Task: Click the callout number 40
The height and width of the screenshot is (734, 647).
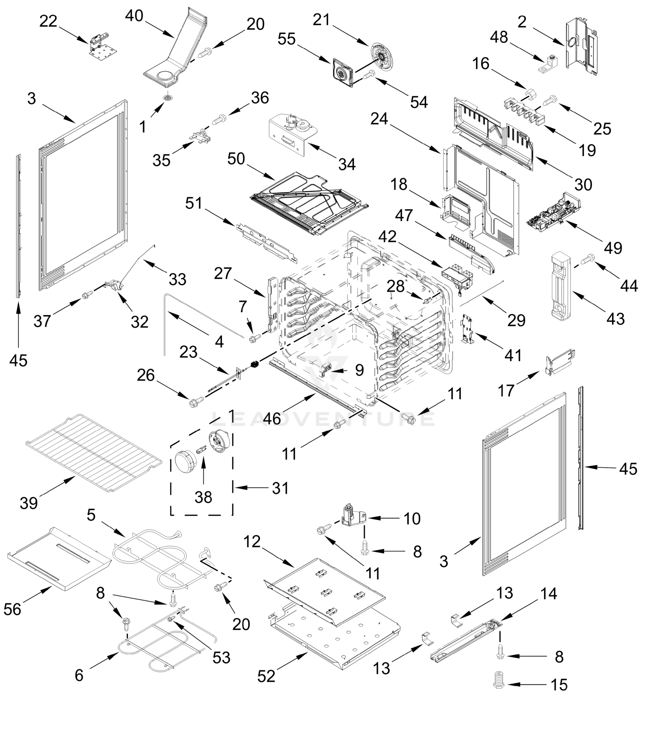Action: (x=135, y=16)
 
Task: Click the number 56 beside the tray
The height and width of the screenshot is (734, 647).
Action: (x=13, y=609)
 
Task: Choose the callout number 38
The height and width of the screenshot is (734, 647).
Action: (x=203, y=497)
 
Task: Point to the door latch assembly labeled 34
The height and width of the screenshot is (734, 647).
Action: (x=293, y=134)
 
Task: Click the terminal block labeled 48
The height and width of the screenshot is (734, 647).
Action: (x=549, y=63)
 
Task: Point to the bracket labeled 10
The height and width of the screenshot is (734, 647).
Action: (x=352, y=516)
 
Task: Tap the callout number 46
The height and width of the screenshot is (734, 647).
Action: (x=272, y=418)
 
